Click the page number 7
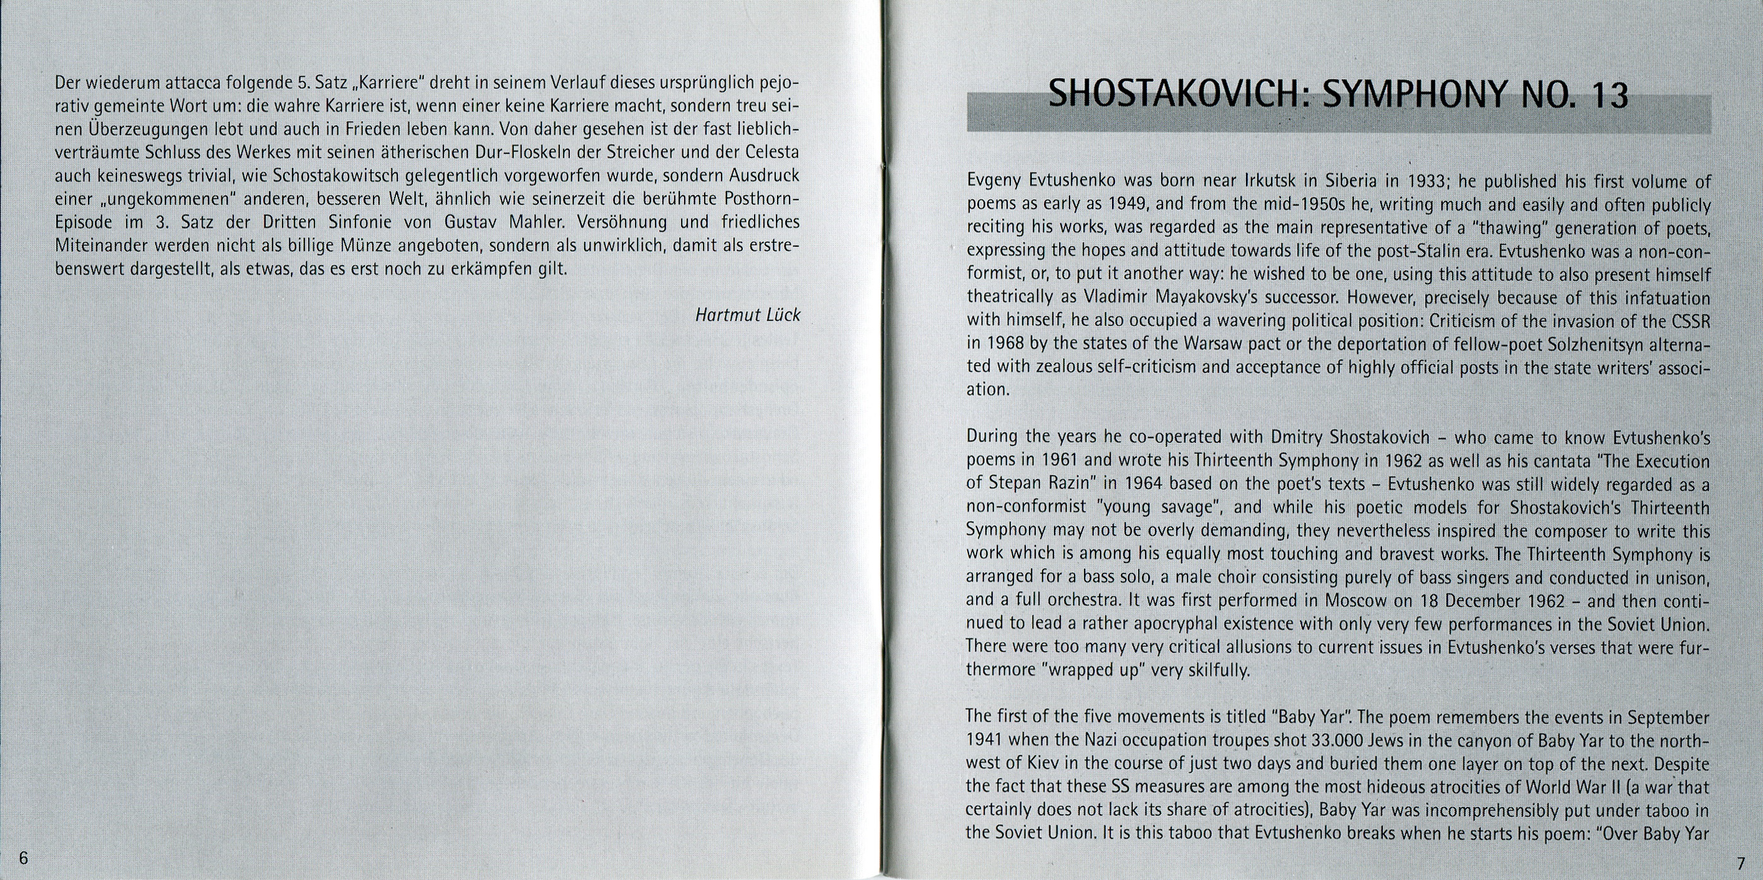(x=1737, y=860)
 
